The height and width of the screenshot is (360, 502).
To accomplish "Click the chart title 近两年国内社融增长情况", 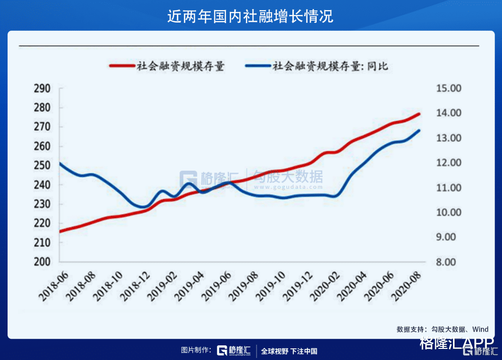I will (250, 16).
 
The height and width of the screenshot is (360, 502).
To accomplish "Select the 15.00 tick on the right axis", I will (447, 89).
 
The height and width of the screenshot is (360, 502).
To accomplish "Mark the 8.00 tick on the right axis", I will (447, 262).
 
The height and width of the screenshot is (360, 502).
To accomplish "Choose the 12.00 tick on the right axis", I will (447, 163).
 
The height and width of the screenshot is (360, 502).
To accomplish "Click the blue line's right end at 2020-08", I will (419, 131).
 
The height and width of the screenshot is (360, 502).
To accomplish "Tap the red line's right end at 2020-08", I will (419, 114).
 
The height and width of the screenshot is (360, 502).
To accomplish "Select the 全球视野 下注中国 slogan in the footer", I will (289, 351).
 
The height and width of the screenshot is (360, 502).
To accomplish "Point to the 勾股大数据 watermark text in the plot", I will (288, 177).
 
